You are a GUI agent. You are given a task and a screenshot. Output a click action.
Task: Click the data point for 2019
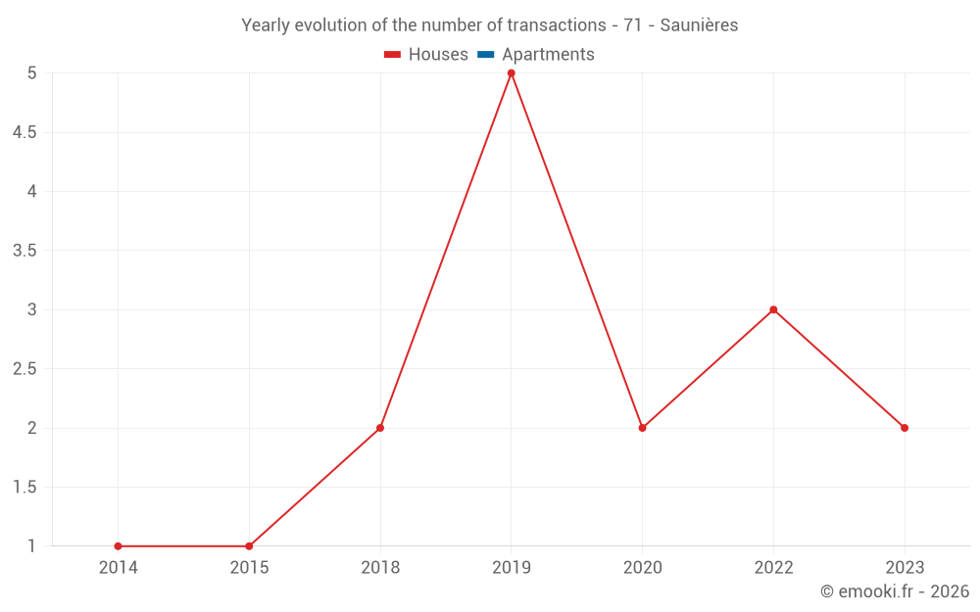511,73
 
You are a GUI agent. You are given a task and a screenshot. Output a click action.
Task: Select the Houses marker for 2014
118,546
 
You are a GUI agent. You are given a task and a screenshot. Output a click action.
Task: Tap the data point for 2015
249,546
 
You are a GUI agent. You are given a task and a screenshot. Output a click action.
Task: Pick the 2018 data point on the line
380,428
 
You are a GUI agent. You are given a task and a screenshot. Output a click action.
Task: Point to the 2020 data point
642,428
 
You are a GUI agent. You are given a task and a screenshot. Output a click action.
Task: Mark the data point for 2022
773,309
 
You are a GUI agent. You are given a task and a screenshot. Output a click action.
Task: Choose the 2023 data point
905,428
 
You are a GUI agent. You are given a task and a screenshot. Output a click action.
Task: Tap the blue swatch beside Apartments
486,55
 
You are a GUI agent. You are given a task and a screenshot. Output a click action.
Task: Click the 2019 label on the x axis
511,568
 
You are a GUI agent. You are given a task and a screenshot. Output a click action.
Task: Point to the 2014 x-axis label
118,568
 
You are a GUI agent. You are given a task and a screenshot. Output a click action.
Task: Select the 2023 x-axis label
905,568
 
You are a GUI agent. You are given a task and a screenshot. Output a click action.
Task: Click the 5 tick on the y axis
32,73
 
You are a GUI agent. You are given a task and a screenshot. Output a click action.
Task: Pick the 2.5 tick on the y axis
25,369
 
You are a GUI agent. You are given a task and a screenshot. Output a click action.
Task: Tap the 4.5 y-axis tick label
25,132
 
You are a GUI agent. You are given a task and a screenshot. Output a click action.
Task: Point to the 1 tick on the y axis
32,546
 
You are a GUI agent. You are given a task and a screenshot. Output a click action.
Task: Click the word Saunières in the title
699,25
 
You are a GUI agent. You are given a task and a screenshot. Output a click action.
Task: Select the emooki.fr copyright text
894,591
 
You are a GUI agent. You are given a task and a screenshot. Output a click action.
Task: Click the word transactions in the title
556,25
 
